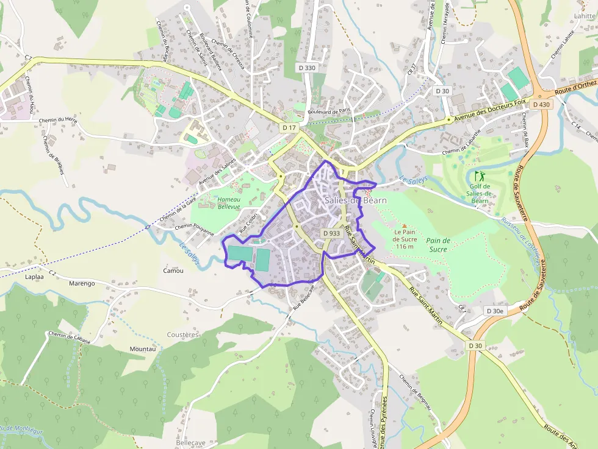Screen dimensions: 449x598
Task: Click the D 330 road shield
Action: coord(307,68)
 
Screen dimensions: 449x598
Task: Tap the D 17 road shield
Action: coord(289,127)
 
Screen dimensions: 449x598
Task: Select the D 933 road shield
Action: coord(331,233)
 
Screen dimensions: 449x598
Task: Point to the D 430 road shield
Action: coord(541,105)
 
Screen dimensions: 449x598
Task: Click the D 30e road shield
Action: coord(495,311)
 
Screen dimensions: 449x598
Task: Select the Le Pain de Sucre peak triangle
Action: coord(404,225)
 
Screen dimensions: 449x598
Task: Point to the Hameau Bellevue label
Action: coord(229,203)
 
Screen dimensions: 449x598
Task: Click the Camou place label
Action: coord(174,270)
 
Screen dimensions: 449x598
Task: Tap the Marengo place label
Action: coord(82,283)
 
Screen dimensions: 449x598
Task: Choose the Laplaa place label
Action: coord(34,276)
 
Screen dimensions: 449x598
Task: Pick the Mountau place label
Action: coord(143,349)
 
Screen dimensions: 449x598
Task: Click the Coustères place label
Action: coord(182,334)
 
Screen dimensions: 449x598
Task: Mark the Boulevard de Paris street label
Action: coord(330,111)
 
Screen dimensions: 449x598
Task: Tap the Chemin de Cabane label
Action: coord(69,338)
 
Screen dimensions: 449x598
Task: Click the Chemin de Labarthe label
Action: coord(462,147)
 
